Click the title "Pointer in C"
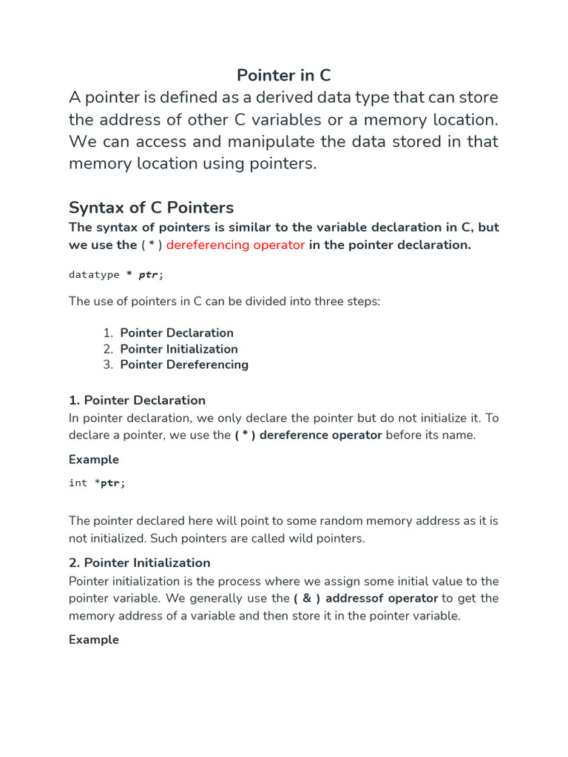(x=283, y=75)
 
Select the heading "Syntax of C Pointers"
(x=151, y=207)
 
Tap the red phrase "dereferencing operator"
(x=235, y=245)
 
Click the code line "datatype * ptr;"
(x=116, y=274)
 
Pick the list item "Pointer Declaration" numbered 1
(x=177, y=333)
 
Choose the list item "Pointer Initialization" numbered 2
(x=179, y=349)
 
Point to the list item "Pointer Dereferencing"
(x=184, y=364)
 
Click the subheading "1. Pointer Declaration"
(x=137, y=400)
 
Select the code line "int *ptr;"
(x=97, y=483)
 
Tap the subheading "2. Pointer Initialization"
(x=139, y=563)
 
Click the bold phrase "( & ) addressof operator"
(x=365, y=598)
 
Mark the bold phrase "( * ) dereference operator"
(x=308, y=435)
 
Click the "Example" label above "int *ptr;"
(x=94, y=459)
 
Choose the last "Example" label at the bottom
(x=94, y=639)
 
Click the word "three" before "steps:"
(x=326, y=302)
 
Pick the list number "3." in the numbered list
(x=108, y=364)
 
